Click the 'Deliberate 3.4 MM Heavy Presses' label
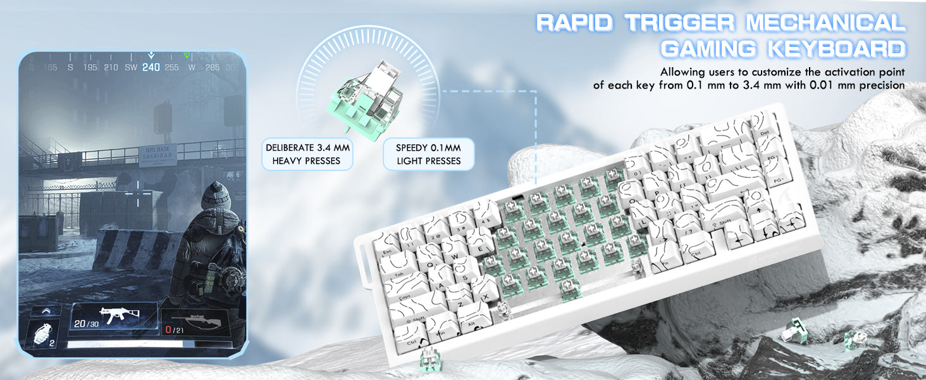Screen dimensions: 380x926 click(x=307, y=154)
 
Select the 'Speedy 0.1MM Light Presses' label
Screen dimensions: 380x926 click(x=428, y=154)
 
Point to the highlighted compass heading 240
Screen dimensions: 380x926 click(x=151, y=67)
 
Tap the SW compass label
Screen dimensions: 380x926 click(x=131, y=67)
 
